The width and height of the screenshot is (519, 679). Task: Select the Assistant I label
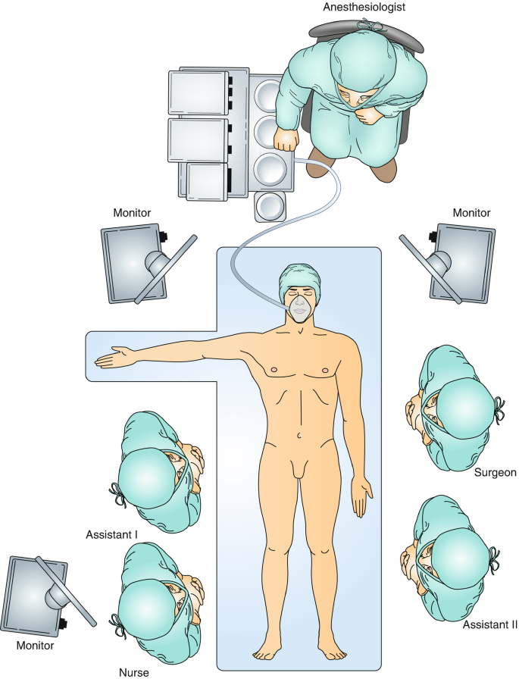coord(111,534)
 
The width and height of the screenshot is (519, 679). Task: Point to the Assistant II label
coord(490,625)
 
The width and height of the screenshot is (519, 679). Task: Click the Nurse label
coord(134,671)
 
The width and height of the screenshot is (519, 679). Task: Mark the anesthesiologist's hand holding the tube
coord(286,139)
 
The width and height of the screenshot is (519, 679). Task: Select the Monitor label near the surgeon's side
coord(471,213)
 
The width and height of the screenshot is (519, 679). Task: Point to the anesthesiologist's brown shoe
coord(386,170)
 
